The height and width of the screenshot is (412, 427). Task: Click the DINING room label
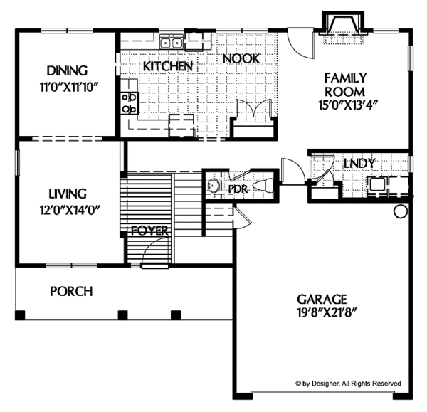pyautogui.click(x=67, y=70)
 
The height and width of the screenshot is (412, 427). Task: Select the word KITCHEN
pyautogui.click(x=168, y=66)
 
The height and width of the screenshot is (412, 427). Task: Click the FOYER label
pyautogui.click(x=149, y=231)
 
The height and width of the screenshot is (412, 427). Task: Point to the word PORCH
pyautogui.click(x=71, y=291)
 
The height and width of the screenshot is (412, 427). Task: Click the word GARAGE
pyautogui.click(x=323, y=299)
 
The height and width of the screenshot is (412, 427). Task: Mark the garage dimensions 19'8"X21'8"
pyautogui.click(x=323, y=314)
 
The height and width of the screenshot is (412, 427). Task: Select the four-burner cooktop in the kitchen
pyautogui.click(x=130, y=103)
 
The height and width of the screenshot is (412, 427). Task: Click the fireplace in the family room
pyautogui.click(x=342, y=28)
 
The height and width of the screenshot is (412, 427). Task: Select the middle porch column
pyautogui.click(x=122, y=314)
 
